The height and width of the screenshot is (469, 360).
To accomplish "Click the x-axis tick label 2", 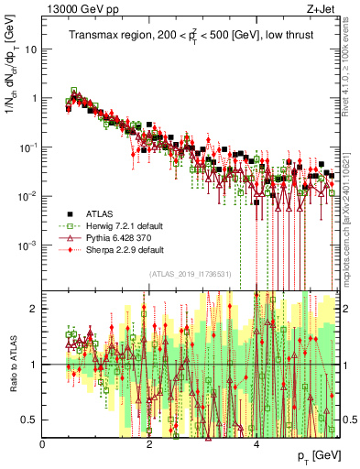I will pos(149,444).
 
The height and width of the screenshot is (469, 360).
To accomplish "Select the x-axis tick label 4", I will pos(256,444).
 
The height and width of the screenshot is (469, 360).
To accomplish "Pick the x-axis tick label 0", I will pos(42,444).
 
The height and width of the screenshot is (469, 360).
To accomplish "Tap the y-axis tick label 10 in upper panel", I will pos(30,49).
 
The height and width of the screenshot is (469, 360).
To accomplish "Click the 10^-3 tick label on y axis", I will pos(27,245).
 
